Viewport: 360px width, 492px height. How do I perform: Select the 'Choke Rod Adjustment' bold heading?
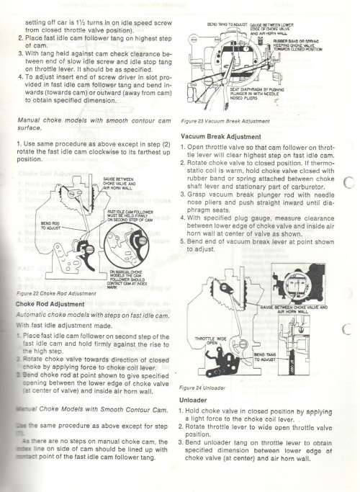coord(46,303)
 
